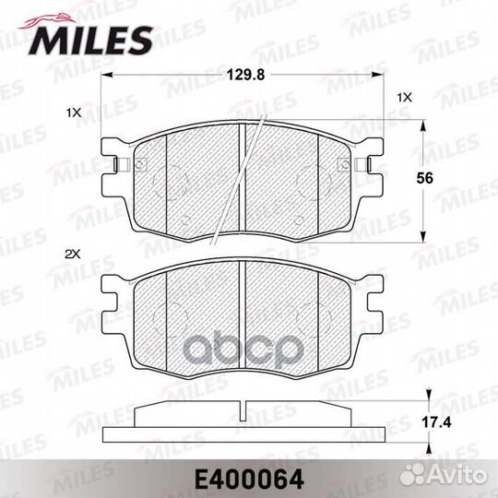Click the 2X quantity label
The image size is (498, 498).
[73, 251]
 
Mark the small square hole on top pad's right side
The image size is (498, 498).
[344, 166]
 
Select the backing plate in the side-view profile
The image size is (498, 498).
[242, 434]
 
